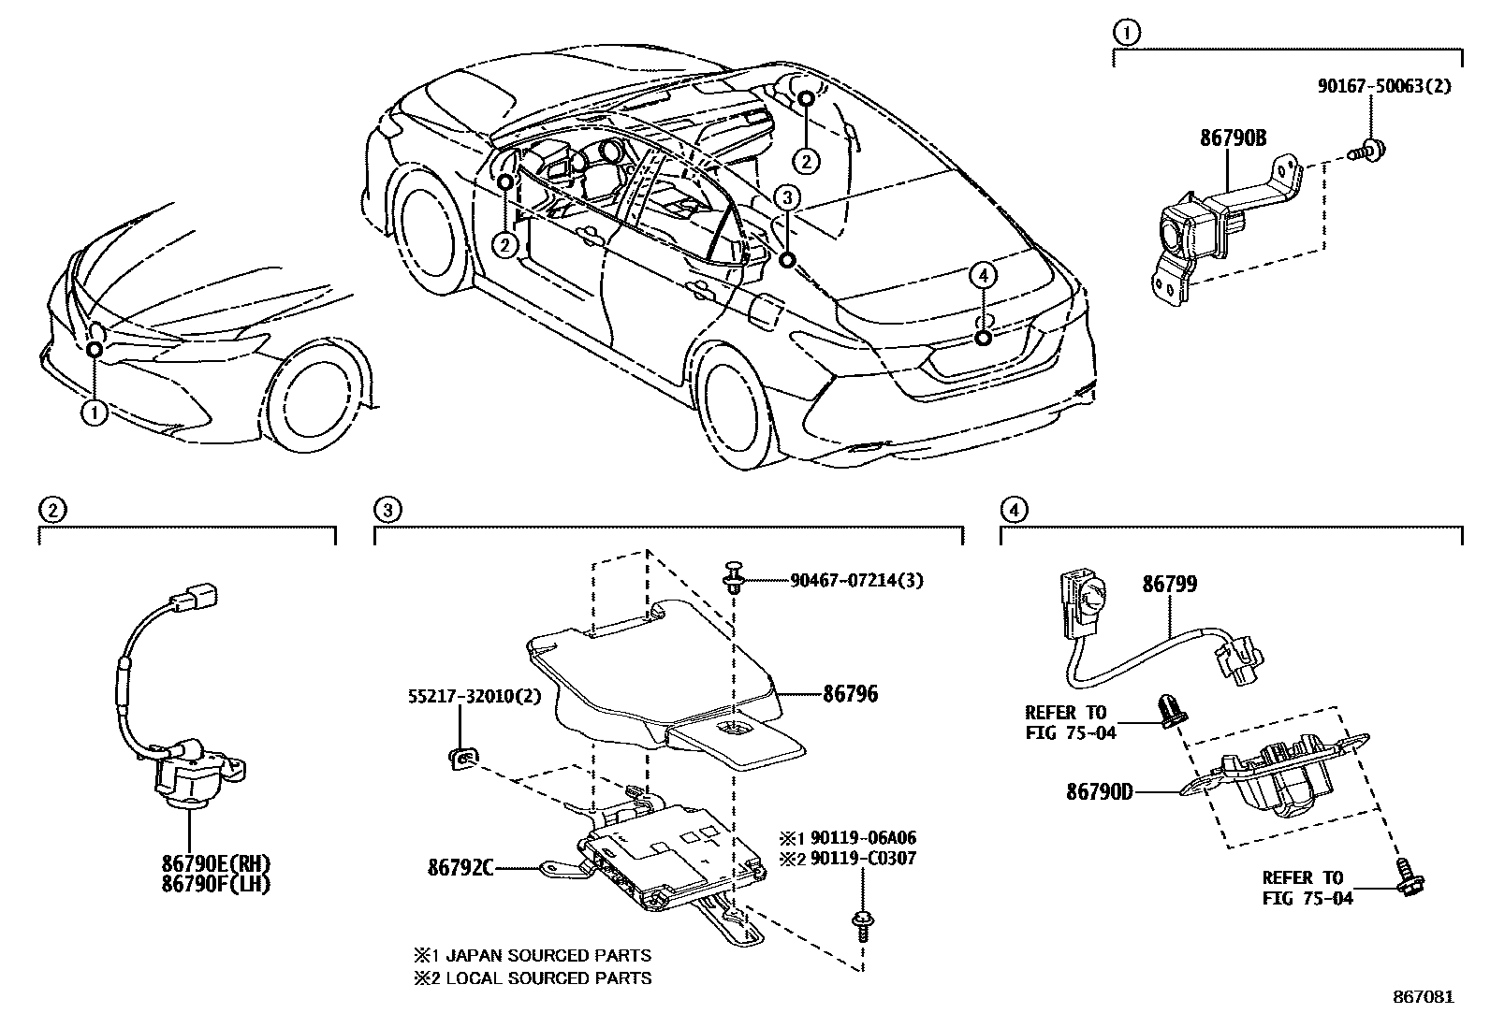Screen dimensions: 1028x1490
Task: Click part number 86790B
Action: [x=1233, y=138]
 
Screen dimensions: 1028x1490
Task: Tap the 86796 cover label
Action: [x=850, y=694]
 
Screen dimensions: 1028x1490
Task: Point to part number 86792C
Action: [x=460, y=867]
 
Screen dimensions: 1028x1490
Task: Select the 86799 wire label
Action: [x=1168, y=585]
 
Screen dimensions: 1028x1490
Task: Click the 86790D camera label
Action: [x=1099, y=792]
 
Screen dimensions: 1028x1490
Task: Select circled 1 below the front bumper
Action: [x=94, y=413]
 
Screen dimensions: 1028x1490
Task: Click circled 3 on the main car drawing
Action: [x=787, y=197]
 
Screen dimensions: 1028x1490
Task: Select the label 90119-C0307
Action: [x=860, y=858]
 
